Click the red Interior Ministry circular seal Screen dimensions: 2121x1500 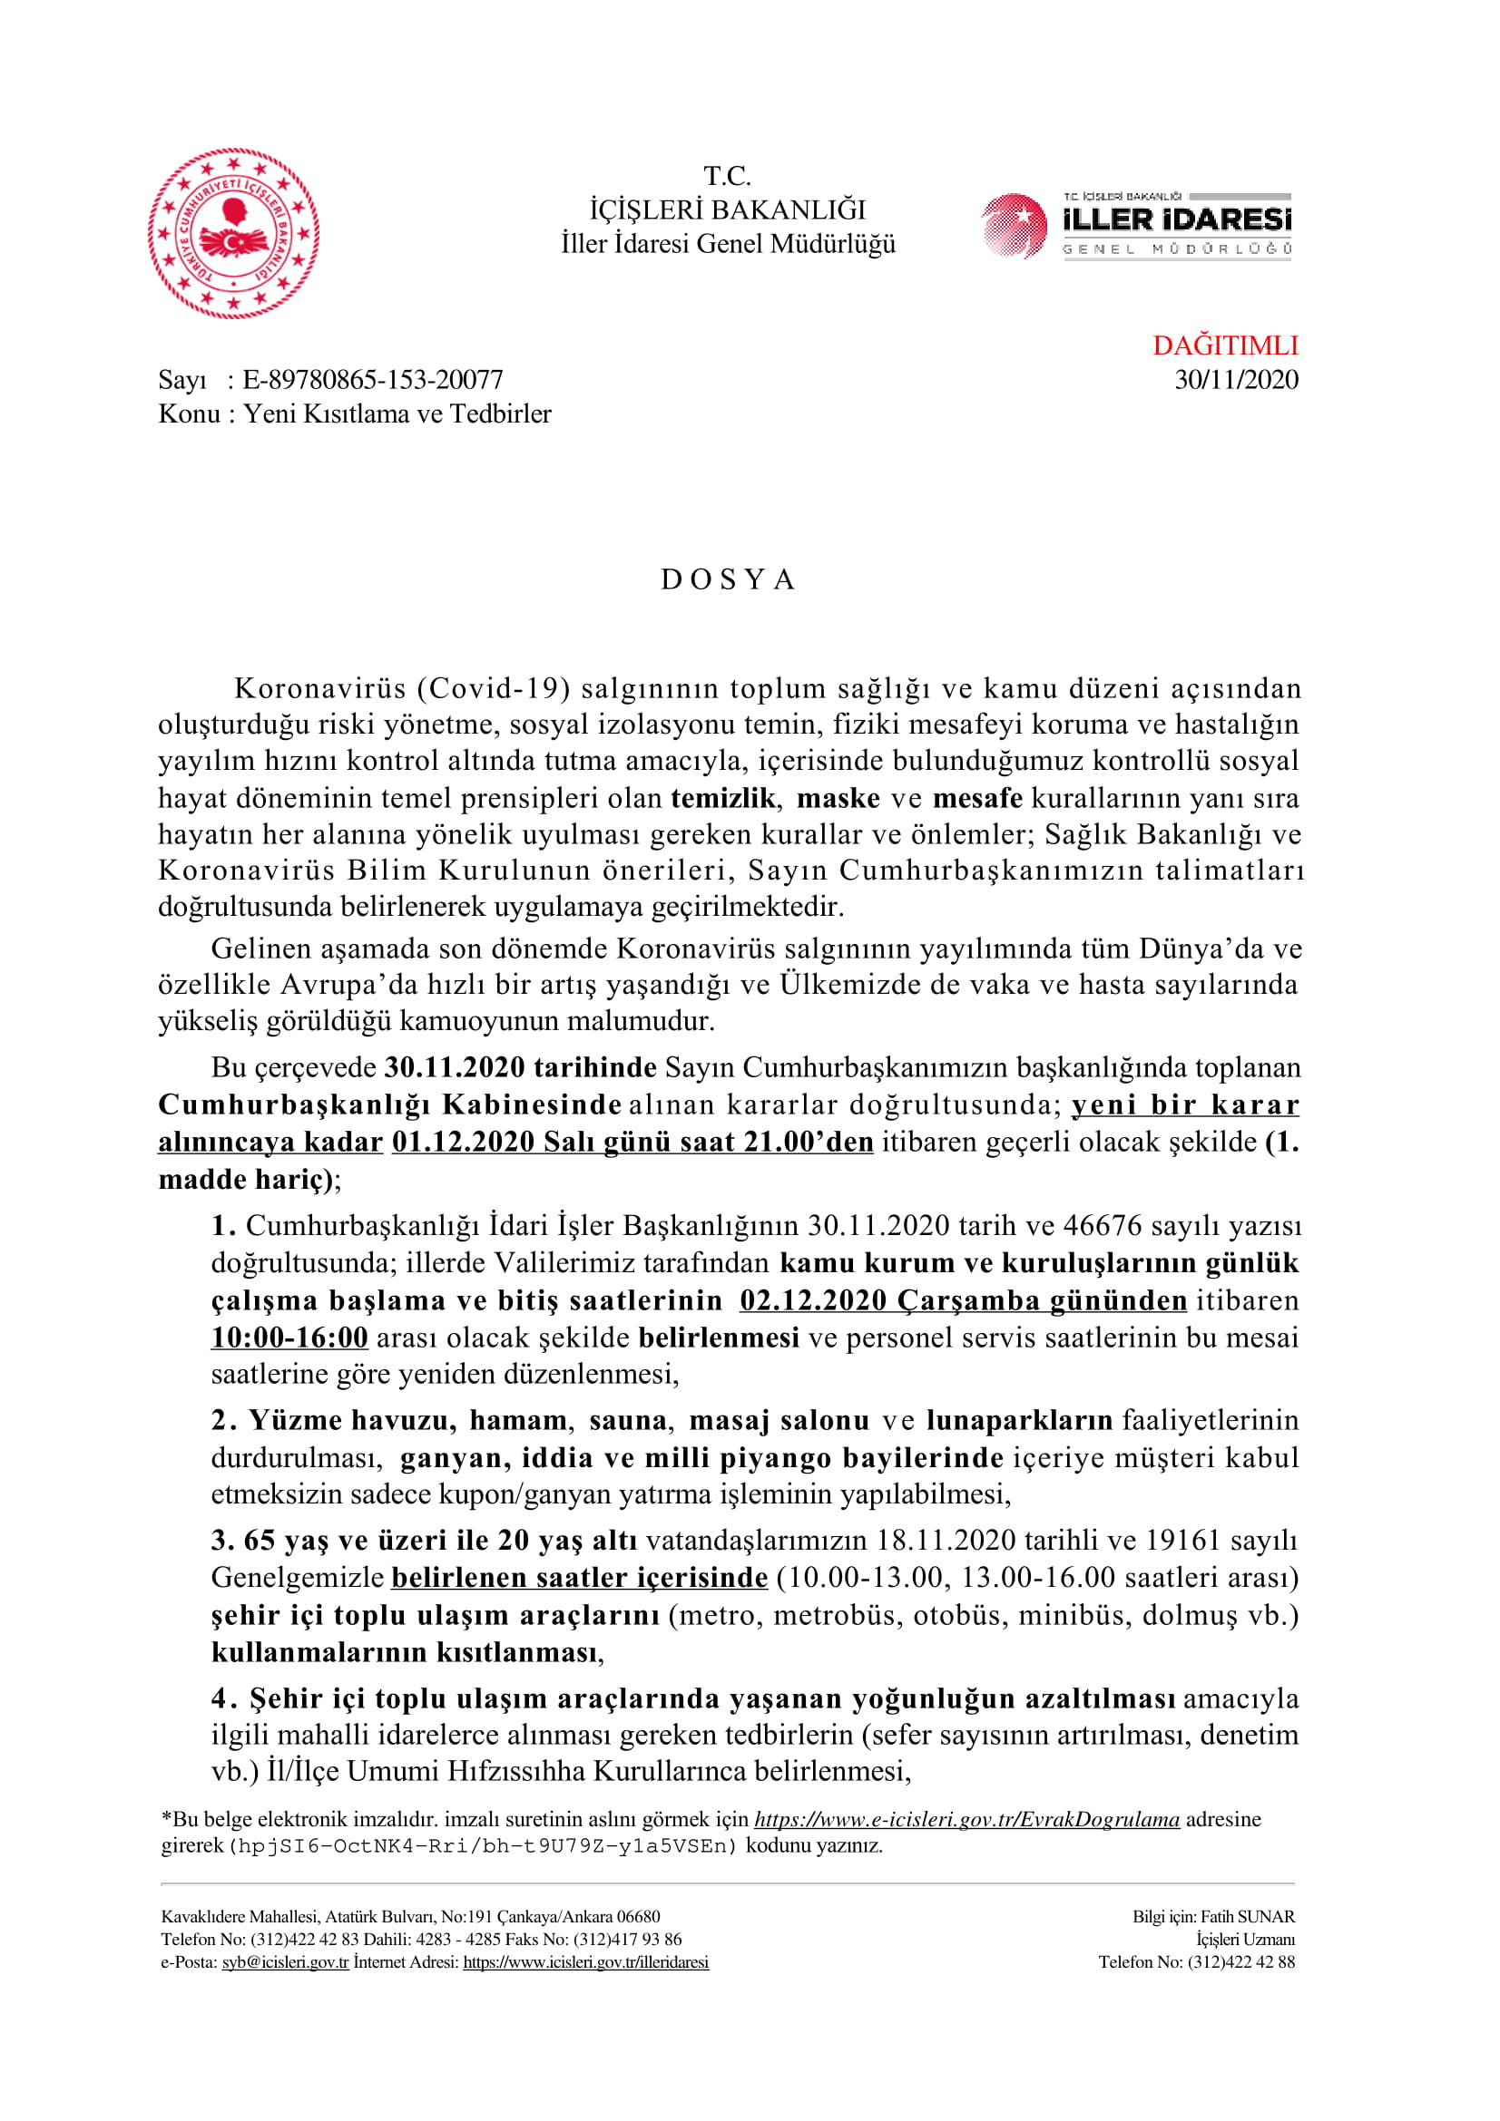(233, 233)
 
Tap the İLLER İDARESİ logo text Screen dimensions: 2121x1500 (1177, 220)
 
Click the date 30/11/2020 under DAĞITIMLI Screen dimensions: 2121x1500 (1236, 380)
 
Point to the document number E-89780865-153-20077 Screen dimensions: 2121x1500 (372, 380)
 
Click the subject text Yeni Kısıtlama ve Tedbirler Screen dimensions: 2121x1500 (397, 413)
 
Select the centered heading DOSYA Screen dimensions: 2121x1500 (729, 579)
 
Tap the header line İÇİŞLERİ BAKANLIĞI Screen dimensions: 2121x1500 (728, 210)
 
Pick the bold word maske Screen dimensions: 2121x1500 (838, 797)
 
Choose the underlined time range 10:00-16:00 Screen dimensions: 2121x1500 (289, 1337)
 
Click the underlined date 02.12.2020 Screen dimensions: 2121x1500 (813, 1299)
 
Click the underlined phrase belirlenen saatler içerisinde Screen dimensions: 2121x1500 (580, 1577)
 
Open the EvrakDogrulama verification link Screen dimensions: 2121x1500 (966, 1819)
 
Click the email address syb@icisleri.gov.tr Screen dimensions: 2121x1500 (285, 1961)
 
